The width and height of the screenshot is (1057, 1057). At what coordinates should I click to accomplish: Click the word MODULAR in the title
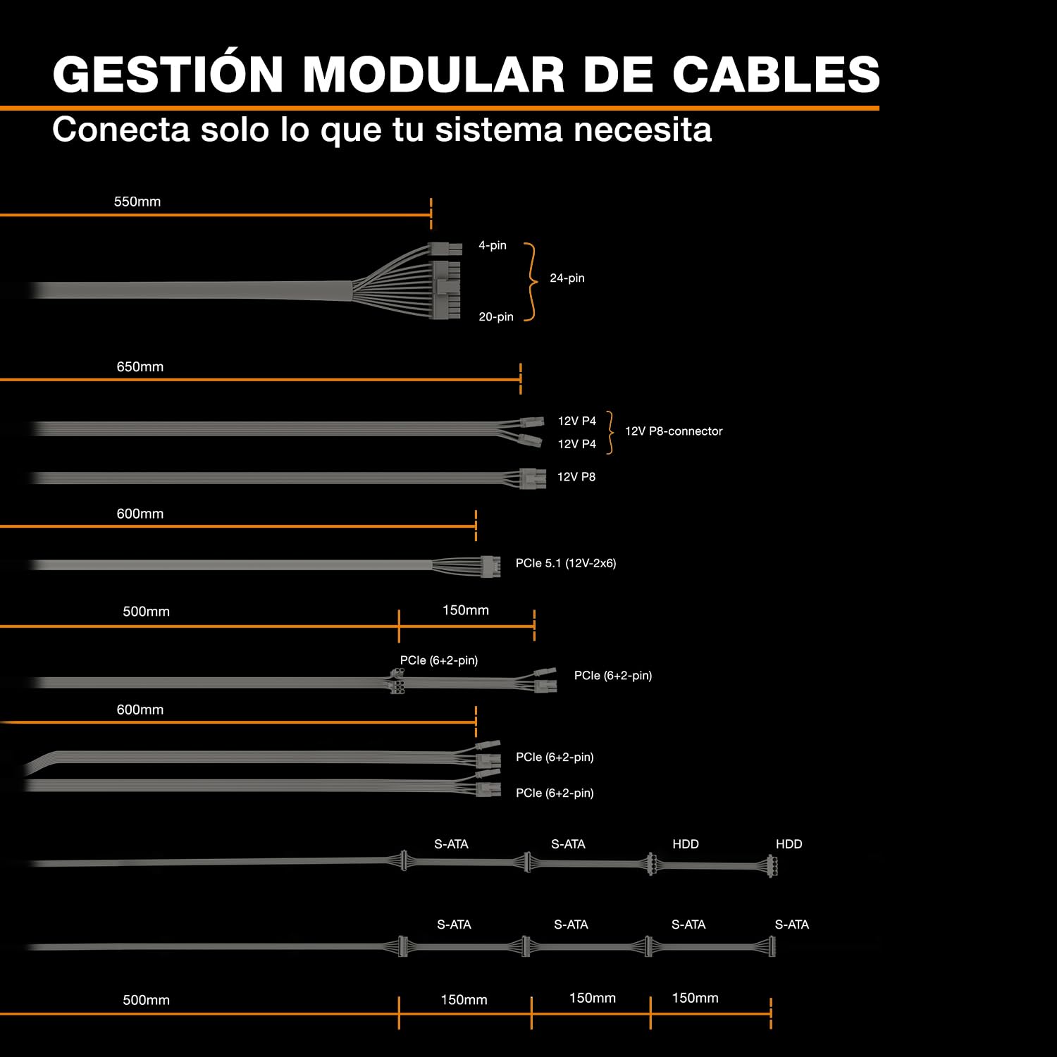[x=433, y=73]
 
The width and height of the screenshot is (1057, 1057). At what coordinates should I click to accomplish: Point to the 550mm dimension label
[x=137, y=202]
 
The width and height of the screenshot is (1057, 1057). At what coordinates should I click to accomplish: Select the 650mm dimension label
[x=140, y=366]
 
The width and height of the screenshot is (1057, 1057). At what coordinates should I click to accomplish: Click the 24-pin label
[x=567, y=278]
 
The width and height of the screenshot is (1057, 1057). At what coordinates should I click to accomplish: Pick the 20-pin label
[x=496, y=317]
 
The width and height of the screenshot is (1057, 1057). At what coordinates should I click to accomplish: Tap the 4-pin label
[x=493, y=245]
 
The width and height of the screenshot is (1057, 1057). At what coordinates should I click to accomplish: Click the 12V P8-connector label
[x=674, y=431]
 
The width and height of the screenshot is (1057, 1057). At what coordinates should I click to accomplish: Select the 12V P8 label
[x=576, y=477]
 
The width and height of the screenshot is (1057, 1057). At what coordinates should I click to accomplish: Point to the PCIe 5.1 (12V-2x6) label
[x=566, y=563]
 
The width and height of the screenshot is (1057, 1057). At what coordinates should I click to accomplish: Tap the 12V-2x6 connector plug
[x=490, y=566]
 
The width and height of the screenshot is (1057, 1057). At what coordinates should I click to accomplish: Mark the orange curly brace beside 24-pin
[x=531, y=282]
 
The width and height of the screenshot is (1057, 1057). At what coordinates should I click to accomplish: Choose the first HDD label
[x=686, y=844]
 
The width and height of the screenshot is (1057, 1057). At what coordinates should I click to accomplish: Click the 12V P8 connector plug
[x=533, y=478]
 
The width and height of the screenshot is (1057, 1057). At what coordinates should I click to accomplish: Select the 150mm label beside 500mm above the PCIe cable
[x=466, y=610]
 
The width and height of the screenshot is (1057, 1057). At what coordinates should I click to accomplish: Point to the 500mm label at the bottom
[x=147, y=1000]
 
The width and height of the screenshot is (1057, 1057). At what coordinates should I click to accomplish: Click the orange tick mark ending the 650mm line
[x=521, y=379]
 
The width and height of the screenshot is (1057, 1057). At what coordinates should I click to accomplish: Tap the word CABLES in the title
[x=776, y=73]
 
